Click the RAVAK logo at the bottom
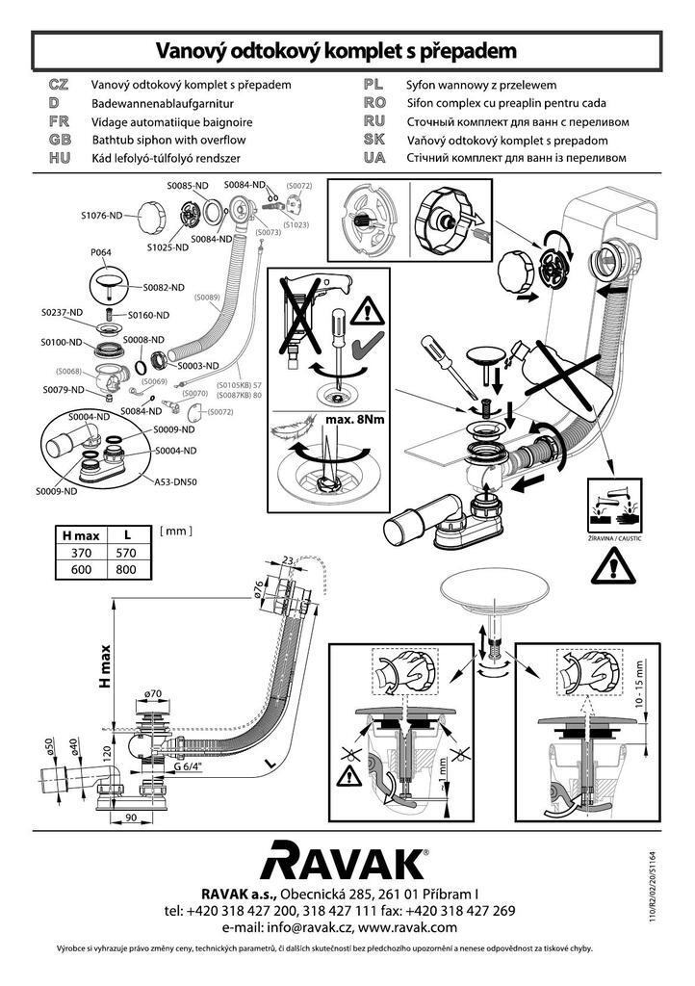347,861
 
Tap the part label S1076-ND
101,216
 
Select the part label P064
100,252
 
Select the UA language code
374,156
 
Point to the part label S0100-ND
60,342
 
